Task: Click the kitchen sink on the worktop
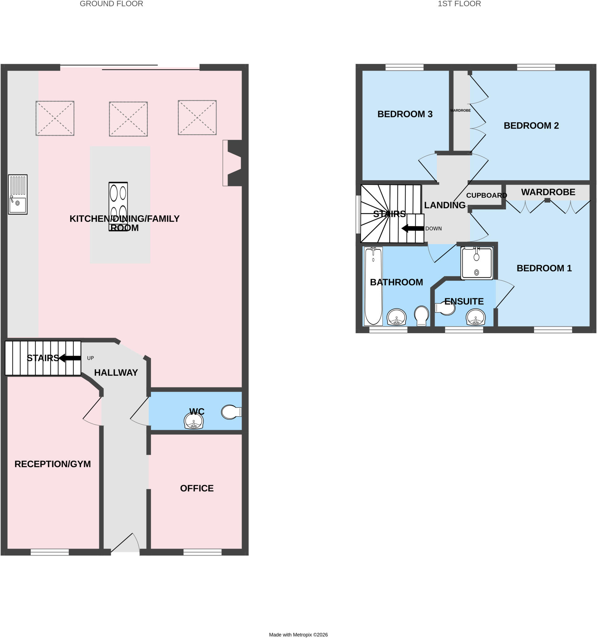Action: tap(18, 194)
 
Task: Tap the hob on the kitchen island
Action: tap(118, 207)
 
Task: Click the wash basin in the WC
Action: tap(194, 421)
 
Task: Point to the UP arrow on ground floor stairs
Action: tap(70, 358)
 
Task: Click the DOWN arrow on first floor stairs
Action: tap(413, 228)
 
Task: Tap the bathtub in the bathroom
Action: tap(373, 286)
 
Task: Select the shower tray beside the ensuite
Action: tap(477, 263)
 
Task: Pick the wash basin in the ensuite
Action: tap(476, 317)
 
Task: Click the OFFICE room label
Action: tap(197, 488)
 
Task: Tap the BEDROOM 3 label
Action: tap(405, 114)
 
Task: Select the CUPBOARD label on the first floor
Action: tap(486, 195)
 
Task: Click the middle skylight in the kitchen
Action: tap(128, 119)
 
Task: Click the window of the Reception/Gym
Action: tap(50, 552)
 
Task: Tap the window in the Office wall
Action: tap(203, 552)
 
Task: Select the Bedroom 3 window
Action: tap(404, 67)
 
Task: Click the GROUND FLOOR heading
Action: tap(111, 4)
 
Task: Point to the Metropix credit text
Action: tap(298, 635)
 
